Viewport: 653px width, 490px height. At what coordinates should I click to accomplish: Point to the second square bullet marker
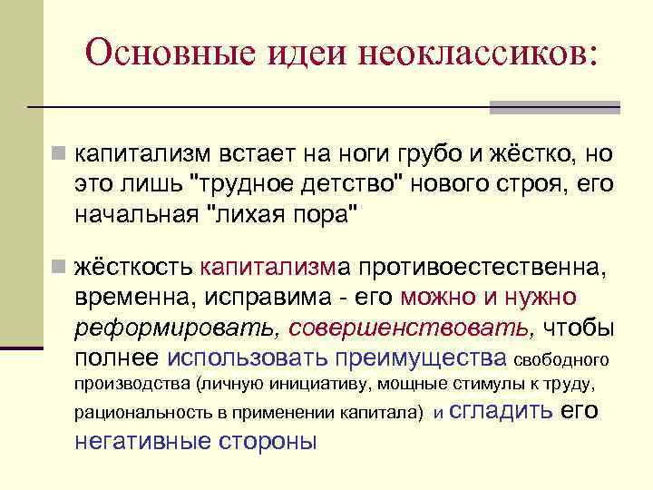coord(58,268)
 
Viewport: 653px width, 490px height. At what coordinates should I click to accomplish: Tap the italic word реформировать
coord(180,328)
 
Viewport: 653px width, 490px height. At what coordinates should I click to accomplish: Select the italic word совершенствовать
coord(418,328)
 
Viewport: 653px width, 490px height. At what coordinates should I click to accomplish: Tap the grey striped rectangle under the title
coord(554,107)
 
